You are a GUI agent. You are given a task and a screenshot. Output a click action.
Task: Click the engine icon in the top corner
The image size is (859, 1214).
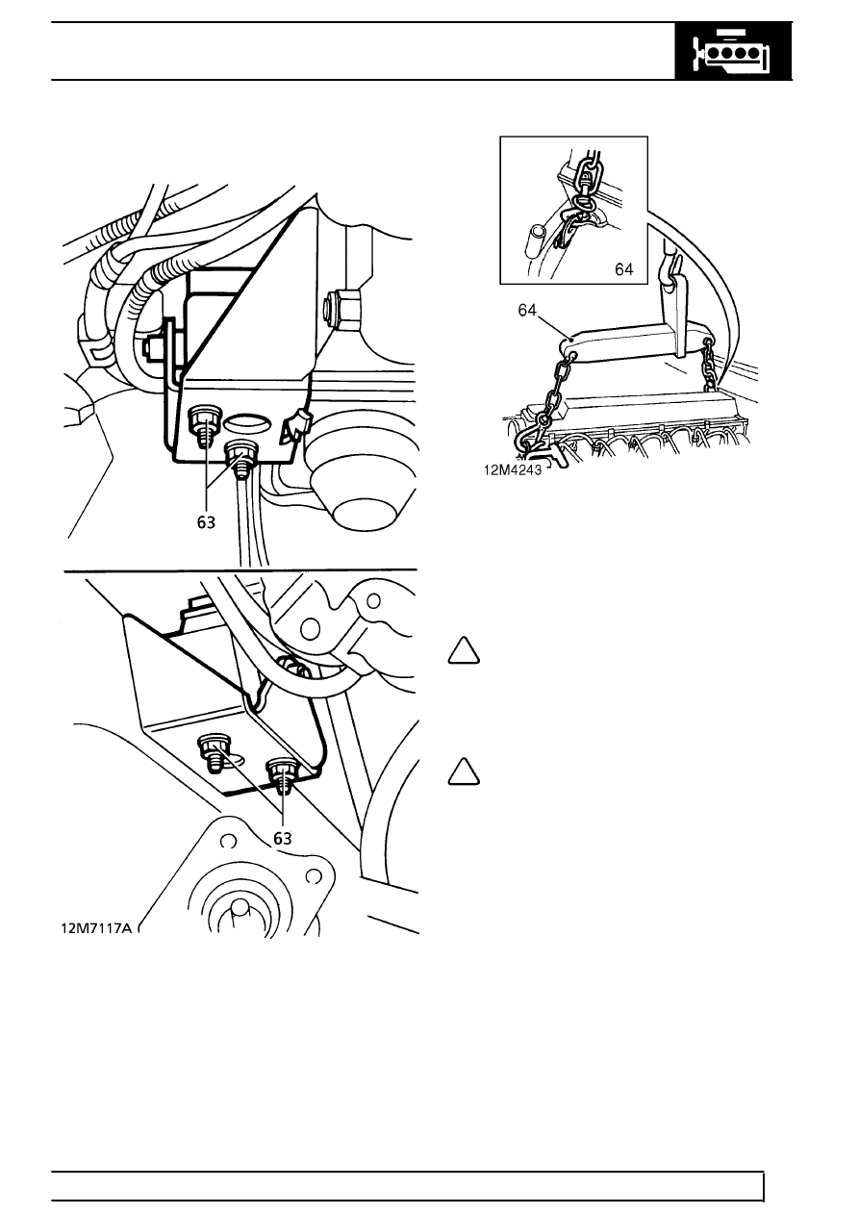pos(733,52)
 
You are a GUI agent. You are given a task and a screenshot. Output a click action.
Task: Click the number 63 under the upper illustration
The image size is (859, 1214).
pos(206,522)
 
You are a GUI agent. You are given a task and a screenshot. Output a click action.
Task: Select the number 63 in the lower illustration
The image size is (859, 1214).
pos(283,839)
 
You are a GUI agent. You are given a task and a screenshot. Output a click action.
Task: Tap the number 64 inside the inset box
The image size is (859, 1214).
pos(623,269)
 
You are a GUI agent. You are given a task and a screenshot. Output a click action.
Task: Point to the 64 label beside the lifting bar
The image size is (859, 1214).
pos(527,310)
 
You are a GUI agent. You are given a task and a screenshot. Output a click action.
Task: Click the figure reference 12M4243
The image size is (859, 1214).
pos(513,470)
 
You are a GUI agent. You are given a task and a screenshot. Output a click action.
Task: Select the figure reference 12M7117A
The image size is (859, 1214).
pos(96,928)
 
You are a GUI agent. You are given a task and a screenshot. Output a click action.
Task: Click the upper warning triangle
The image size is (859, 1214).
pos(464,651)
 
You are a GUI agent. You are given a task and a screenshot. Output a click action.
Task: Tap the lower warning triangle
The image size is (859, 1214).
pos(464,771)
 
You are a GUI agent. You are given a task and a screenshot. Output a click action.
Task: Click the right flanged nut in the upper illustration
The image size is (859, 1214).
pos(241,455)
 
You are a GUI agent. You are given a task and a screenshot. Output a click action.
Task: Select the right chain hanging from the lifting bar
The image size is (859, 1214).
pos(709,367)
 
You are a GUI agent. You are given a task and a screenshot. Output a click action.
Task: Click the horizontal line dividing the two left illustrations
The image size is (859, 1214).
pos(240,570)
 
